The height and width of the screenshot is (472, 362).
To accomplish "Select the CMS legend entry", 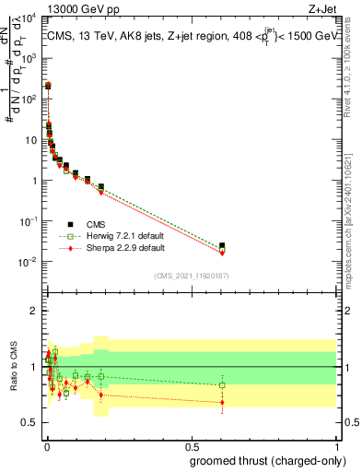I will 89,224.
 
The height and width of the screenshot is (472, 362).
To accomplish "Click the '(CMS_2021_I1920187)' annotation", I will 191,276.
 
